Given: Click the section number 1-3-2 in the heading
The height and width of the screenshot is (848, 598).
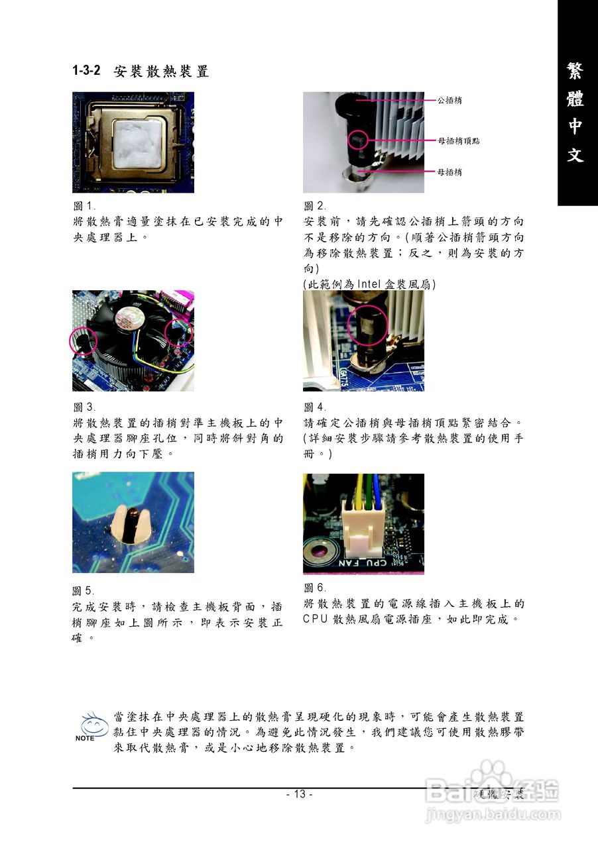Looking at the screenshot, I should coord(86,72).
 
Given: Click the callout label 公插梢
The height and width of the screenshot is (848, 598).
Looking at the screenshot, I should coord(449,101).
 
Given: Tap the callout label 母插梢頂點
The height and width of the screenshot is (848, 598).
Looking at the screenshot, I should coord(459,141).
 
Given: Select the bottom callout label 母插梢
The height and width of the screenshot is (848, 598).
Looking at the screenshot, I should coord(449,172).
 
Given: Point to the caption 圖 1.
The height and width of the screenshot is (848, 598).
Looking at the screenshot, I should coord(84,206).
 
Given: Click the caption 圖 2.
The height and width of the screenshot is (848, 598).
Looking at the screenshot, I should coord(315,206).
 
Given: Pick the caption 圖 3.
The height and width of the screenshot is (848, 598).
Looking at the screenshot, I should coord(84,407).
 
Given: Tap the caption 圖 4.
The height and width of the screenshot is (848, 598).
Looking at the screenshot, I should coord(315,407).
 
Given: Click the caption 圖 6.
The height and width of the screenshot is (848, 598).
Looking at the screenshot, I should coord(315,588).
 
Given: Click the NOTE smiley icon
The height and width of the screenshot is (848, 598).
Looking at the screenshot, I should coord(93,726).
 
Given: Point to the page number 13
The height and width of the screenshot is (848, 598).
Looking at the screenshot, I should coord(299,794).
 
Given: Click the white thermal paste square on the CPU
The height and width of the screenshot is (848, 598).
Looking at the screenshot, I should coord(135,142).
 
